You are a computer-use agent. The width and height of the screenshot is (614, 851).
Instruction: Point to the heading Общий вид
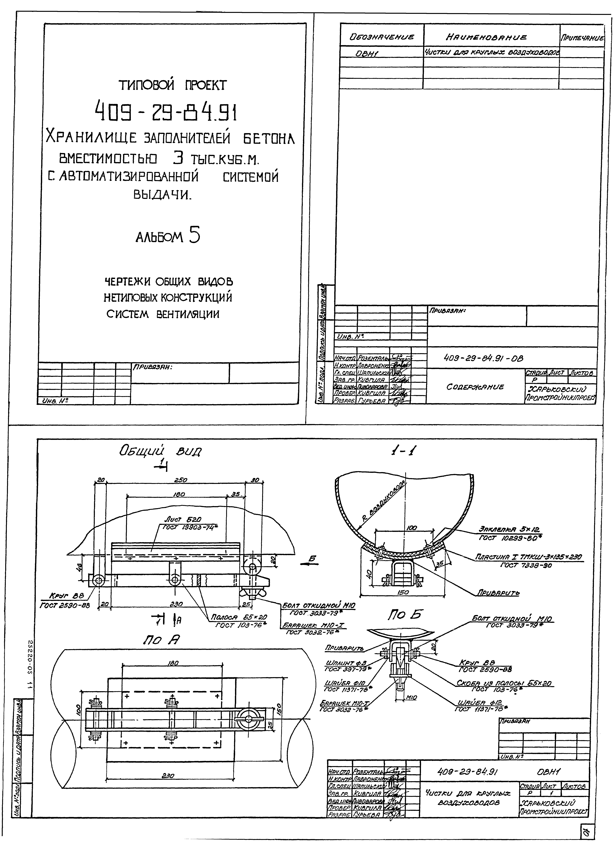(x=160, y=451)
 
